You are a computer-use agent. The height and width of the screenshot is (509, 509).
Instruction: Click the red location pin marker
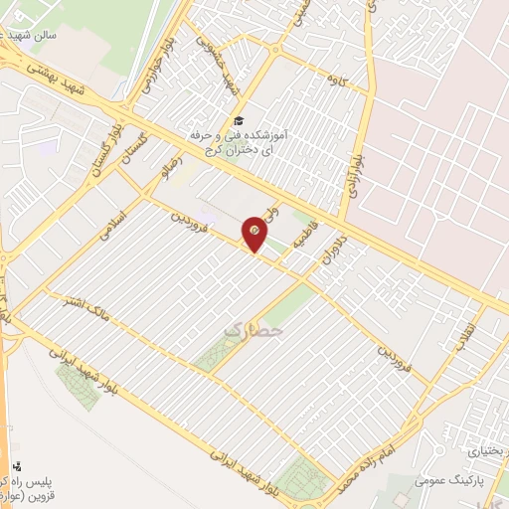click(x=255, y=232)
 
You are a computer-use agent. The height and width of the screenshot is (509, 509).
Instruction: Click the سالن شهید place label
click(x=42, y=34)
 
